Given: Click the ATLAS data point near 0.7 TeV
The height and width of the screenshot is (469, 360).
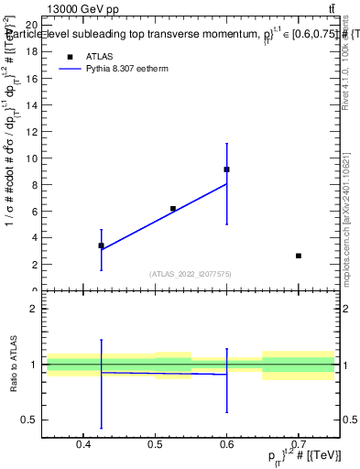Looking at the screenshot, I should [299, 256].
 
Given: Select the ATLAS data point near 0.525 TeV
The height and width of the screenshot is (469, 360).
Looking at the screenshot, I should [172, 209].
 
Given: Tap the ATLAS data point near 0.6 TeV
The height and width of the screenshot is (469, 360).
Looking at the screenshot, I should [226, 169].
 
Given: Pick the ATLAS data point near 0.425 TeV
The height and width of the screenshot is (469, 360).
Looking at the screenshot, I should [101, 245].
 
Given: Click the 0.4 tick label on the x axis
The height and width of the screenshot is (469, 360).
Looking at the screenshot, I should [83, 447].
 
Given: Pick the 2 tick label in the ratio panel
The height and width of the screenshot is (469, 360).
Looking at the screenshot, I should [33, 309].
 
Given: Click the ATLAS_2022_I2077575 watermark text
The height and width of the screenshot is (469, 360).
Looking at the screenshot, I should [191, 274].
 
